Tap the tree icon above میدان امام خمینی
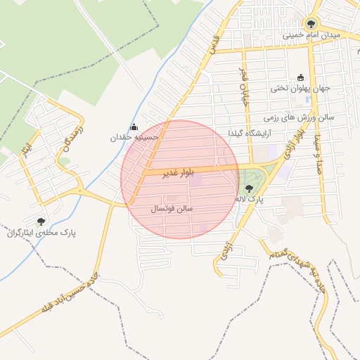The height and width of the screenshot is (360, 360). click(x=311, y=22)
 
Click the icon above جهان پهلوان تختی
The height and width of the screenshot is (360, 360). click(x=301, y=77)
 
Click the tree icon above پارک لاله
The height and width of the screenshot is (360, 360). click(x=248, y=188)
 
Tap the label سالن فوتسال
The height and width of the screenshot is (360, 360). click(x=172, y=210)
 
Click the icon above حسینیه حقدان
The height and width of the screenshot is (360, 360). click(x=134, y=127)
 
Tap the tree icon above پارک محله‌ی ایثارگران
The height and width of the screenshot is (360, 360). click(x=41, y=221)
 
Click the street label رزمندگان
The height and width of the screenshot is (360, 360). click(x=72, y=139)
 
